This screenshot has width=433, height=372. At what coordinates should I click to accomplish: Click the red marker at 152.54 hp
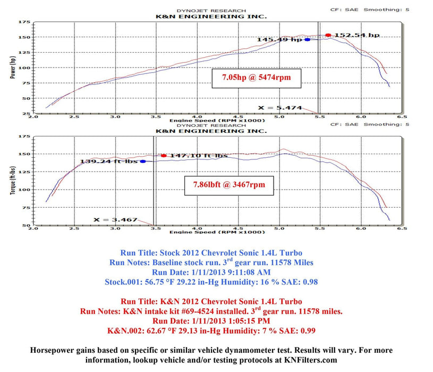point(328,35)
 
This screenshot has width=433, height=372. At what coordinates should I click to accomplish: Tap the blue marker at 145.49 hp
point(307,39)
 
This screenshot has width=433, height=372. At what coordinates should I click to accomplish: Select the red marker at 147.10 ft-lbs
point(164,156)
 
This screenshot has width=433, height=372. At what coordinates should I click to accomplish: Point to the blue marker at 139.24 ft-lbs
point(143,161)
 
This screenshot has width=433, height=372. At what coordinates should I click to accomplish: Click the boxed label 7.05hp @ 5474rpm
point(252,78)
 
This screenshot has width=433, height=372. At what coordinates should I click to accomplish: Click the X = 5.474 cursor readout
point(280,108)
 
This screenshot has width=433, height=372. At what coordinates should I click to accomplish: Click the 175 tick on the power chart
point(23,22)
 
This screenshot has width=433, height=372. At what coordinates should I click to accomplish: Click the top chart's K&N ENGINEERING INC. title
point(211,16)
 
